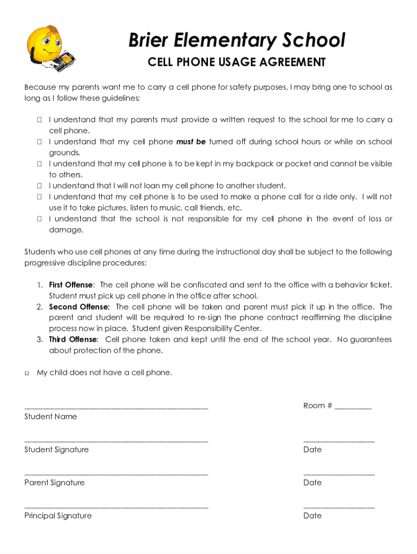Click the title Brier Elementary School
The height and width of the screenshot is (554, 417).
(x=237, y=41)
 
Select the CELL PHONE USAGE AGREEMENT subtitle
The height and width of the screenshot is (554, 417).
(x=237, y=62)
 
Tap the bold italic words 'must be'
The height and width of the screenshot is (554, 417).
(x=191, y=142)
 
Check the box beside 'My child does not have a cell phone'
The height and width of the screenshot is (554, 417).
(x=27, y=373)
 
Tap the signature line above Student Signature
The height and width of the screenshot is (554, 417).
(x=116, y=441)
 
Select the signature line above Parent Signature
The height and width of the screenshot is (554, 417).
(x=116, y=474)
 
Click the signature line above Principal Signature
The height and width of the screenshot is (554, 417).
(x=116, y=507)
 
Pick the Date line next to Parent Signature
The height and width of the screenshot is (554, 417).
(x=338, y=474)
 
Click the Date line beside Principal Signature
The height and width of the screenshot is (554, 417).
(x=338, y=507)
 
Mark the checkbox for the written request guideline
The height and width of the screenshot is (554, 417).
(x=40, y=120)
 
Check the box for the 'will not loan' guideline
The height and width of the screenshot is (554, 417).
(x=40, y=186)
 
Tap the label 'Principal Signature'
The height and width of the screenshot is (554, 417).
(x=58, y=516)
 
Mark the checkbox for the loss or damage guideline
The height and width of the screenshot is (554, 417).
(x=40, y=219)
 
